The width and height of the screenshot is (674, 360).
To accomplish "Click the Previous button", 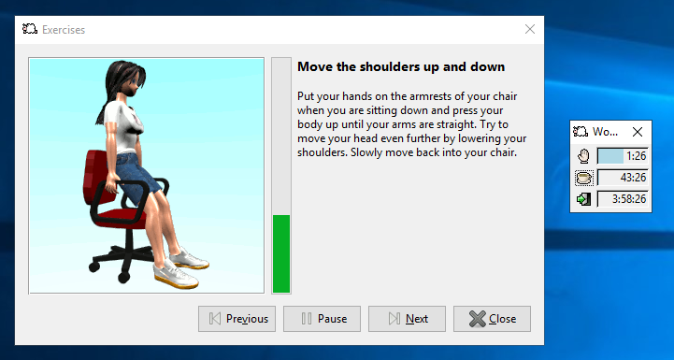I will tap(237, 319).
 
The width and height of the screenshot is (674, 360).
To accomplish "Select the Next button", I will tap(407, 319).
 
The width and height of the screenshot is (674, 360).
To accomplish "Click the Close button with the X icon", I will tap(492, 319).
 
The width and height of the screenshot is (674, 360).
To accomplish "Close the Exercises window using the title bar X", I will tap(530, 29).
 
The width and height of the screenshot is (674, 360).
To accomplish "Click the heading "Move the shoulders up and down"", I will tap(400, 67).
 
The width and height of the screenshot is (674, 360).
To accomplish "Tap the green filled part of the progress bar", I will tap(281, 252).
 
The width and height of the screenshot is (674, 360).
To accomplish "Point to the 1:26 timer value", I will tap(637, 156).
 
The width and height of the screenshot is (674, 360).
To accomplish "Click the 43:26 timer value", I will tap(633, 178).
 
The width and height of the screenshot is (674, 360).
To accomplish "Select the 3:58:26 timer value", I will tap(629, 198).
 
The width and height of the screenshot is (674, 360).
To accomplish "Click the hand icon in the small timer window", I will tap(583, 156).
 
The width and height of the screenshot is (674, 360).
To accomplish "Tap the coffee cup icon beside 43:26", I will tap(583, 178).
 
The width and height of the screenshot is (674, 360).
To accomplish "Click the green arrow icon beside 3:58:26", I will tap(583, 198).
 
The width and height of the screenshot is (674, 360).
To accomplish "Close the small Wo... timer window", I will tap(637, 132).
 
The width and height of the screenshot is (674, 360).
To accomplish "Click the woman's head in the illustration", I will tap(124, 79).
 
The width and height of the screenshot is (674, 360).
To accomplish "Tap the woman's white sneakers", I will tap(178, 266).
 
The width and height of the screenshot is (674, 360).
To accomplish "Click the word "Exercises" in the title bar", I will tap(64, 29).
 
